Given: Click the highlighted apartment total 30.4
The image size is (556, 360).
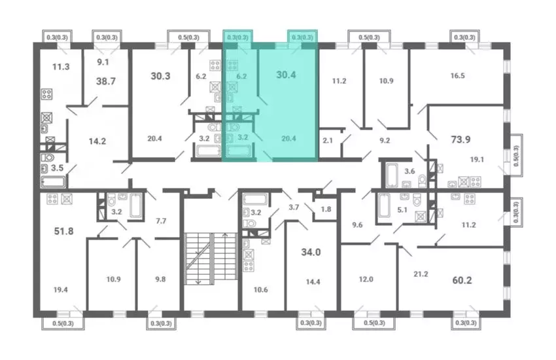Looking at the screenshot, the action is click(x=286, y=75).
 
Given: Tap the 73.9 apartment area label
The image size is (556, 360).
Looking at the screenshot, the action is click(x=460, y=139).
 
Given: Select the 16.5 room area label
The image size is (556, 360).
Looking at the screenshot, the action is click(x=457, y=75).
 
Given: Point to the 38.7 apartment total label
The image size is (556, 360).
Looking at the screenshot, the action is click(x=106, y=81).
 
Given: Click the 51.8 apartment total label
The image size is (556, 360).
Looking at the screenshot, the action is click(x=64, y=231).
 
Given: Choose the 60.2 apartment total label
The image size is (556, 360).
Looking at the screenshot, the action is click(x=462, y=280).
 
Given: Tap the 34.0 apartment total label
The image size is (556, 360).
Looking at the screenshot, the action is click(x=311, y=252).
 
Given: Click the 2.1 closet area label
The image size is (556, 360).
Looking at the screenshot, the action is click(x=328, y=141).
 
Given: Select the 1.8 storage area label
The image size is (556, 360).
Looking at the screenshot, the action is click(x=326, y=209).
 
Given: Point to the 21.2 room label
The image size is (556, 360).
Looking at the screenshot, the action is click(x=421, y=274).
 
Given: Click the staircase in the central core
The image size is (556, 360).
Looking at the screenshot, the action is click(x=211, y=259).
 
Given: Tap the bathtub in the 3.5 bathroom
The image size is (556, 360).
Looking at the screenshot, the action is click(x=54, y=182).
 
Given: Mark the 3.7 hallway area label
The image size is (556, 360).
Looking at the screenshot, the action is click(x=294, y=207).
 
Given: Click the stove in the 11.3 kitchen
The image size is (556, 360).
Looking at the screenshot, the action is click(x=47, y=94).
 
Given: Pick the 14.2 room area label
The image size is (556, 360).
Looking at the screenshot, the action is click(x=97, y=141).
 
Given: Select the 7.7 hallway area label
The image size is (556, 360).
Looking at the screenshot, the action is click(x=161, y=221).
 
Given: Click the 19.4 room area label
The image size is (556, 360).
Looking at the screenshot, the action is click(x=61, y=290).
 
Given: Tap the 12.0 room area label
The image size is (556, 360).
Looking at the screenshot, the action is click(x=366, y=279).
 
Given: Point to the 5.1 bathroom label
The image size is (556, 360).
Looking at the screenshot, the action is click(x=402, y=210).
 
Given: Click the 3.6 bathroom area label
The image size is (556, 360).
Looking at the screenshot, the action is click(x=409, y=171).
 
